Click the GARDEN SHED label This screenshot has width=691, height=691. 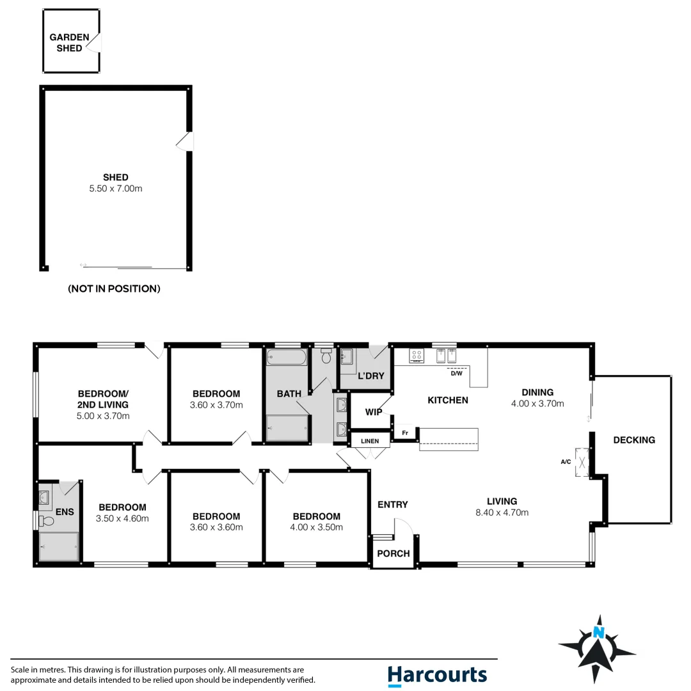click(69, 43)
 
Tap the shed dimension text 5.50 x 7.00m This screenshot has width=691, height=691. click(116, 189)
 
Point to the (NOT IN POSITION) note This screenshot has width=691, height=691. click(114, 289)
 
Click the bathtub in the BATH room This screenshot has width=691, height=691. click(287, 358)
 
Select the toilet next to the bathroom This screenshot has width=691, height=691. click(326, 356)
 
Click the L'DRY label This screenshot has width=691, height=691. click(371, 376)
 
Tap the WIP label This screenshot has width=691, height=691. click(374, 412)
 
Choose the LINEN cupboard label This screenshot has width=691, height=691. click(370, 441)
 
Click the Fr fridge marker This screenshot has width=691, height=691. click(404, 434)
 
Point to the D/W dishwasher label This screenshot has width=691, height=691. click(456, 374)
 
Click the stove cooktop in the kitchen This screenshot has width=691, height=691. click(416, 356)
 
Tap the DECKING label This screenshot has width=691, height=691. click(634, 440)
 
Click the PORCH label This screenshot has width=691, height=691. click(393, 553)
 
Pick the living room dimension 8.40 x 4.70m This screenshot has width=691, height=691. click(502, 512)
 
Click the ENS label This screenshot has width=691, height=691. click(65, 512)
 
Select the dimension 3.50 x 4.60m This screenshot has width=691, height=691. click(122, 518)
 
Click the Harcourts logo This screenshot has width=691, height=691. click(437, 676)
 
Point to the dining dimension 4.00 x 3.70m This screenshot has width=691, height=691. click(537, 404)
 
